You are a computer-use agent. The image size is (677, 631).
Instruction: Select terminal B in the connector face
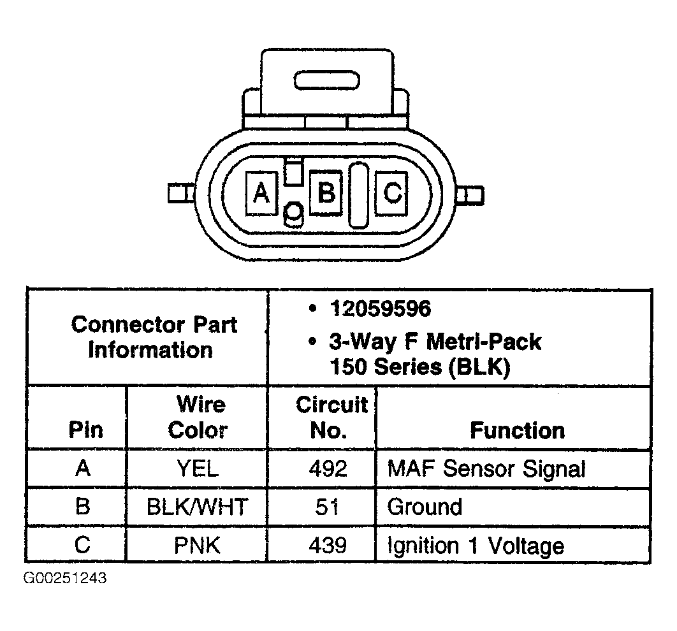(326, 191)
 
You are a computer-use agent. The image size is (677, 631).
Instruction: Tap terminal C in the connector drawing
(391, 191)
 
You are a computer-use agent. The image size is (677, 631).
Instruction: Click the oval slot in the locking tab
(327, 81)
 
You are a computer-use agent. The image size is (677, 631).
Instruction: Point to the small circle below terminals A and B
(294, 212)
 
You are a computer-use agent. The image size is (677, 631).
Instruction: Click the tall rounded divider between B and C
(358, 194)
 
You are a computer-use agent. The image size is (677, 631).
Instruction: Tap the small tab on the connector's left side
(180, 192)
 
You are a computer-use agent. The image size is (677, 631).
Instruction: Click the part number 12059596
(381, 310)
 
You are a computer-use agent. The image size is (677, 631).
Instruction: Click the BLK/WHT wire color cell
(197, 508)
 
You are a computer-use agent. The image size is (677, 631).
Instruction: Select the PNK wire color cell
(197, 546)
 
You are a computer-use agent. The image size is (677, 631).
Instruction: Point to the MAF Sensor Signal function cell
(486, 470)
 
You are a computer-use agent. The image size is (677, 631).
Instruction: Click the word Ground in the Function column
(425, 508)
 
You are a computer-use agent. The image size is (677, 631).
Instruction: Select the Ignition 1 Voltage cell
(476, 546)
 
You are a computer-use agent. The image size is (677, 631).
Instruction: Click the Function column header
(517, 431)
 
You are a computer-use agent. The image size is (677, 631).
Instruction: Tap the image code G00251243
(65, 579)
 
